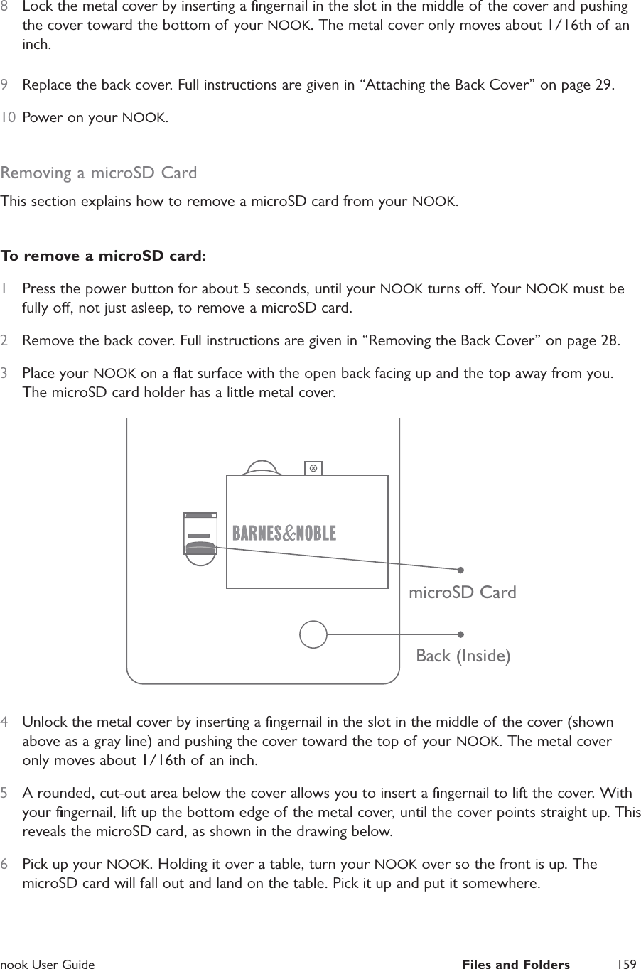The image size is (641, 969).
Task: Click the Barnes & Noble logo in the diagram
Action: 284,533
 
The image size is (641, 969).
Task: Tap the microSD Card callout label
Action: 463,592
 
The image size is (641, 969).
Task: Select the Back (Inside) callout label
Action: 463,655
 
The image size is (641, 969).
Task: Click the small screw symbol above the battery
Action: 313,467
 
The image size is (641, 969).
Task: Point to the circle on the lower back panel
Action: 313,634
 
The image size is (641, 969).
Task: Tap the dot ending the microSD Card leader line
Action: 460,569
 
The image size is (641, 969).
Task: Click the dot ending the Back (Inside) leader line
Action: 460,634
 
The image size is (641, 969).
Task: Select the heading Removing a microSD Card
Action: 99,173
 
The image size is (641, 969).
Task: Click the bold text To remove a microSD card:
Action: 104,255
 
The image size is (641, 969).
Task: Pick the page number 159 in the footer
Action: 627,964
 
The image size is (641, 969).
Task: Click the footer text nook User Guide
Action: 48,964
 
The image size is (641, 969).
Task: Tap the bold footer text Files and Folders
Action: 515,964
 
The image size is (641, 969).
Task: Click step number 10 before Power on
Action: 9,117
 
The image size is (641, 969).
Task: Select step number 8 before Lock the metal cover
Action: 6,6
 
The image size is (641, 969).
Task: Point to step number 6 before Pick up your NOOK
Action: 6,865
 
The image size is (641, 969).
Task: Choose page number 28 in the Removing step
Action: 609,341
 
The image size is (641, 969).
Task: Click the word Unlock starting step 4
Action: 44,722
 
